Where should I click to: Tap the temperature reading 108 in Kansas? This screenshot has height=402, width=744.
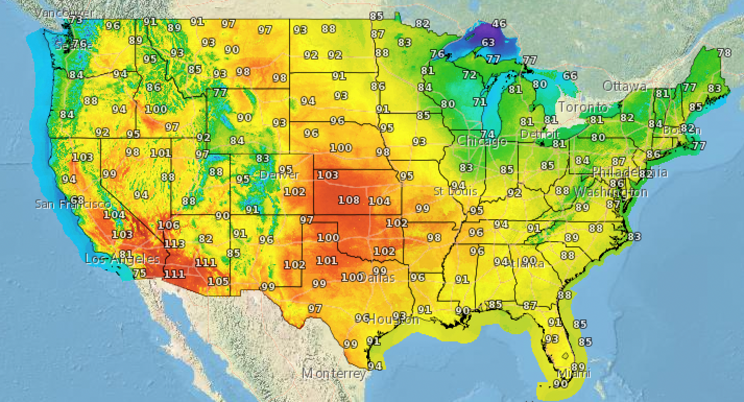click(349, 199)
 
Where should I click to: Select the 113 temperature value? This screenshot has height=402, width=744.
click(174, 244)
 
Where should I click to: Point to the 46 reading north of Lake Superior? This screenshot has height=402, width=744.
click(499, 23)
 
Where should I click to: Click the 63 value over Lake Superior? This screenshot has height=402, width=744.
click(488, 42)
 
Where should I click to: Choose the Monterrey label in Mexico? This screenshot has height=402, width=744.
click(334, 374)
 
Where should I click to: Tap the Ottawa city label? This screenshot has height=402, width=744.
click(625, 86)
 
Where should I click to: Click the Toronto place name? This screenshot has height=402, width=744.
click(583, 108)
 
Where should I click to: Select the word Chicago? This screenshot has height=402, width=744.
click(482, 141)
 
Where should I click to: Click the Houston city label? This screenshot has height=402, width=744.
click(393, 319)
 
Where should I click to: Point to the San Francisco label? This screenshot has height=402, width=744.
click(73, 204)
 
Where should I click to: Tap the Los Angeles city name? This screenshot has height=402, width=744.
click(122, 259)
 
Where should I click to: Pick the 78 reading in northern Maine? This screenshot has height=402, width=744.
click(724, 53)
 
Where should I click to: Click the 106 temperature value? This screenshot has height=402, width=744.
click(169, 225)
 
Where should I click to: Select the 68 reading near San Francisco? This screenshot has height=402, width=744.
click(77, 200)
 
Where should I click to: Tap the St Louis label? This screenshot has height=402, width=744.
click(455, 192)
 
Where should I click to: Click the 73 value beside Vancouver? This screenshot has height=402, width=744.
click(76, 20)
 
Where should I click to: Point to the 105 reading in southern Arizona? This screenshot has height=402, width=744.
click(218, 281)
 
